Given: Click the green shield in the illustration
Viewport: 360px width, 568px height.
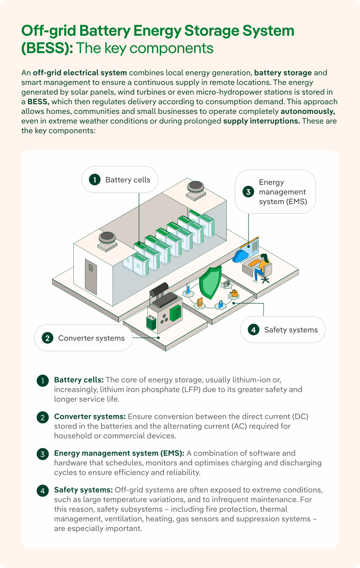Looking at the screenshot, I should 210,284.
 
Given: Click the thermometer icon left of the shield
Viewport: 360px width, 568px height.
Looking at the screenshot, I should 188,290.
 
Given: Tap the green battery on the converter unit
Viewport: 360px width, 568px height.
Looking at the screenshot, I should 151,322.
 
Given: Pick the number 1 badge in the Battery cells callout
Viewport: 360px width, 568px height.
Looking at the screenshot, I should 95,180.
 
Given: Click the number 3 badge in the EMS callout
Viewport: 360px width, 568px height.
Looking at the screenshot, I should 248,192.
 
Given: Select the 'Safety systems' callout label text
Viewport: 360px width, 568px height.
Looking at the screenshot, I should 291,330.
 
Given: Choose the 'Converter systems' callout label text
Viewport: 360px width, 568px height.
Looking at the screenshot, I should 91,338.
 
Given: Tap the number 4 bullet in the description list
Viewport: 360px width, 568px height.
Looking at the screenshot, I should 43,490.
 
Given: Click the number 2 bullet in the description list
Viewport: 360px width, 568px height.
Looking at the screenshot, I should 43,417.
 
